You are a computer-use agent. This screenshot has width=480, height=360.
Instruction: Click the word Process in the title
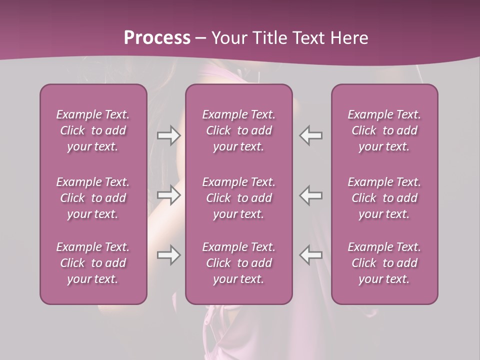point(157,38)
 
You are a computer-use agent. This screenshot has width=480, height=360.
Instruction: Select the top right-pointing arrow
point(168,135)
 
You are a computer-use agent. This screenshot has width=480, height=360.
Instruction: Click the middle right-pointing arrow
point(168,195)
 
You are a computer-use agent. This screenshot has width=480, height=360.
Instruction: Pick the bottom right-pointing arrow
point(168,255)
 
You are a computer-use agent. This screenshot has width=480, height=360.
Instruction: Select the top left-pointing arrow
point(311,135)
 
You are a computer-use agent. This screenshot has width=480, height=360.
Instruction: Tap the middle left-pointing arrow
point(311,195)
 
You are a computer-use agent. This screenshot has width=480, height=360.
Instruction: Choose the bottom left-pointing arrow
point(311,255)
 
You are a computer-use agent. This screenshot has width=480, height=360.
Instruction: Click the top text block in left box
point(93,130)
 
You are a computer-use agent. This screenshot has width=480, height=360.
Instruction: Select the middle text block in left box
point(93,198)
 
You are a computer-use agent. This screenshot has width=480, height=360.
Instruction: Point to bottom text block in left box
point(93,263)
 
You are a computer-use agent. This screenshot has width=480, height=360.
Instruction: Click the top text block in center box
point(239,130)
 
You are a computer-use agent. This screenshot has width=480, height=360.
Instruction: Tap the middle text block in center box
point(239,198)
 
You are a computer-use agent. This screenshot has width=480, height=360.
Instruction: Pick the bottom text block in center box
point(239,263)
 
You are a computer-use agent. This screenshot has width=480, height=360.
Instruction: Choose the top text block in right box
point(384,130)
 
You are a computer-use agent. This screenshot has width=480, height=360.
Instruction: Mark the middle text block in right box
point(384,198)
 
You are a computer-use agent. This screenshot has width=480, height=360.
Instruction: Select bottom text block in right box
point(384,263)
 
